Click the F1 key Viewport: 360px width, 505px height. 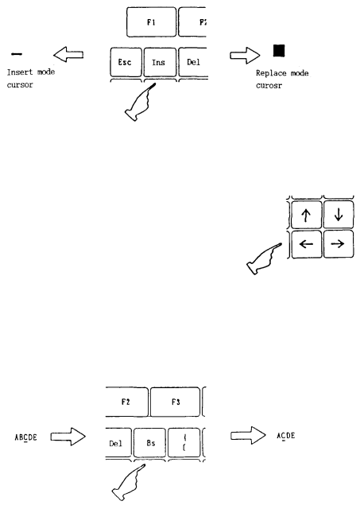coord(152,22)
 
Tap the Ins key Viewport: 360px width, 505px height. coord(160,62)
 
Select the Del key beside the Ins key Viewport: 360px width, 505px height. coord(193,62)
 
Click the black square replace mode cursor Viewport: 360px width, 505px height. coord(279,51)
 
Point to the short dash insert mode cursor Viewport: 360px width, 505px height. coord(17,54)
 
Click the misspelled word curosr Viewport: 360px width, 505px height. coord(269,86)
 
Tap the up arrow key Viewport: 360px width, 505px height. coord(306,215)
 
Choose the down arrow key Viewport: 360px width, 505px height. coord(339,215)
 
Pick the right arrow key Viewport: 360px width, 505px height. coord(339,244)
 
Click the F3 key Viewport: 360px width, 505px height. coord(176,402)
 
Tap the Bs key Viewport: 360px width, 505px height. coord(149,443)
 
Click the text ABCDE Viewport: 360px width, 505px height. coord(25,437)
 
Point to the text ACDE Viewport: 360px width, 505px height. coord(285,436)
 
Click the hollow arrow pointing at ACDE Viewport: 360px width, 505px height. coord(248,436)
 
